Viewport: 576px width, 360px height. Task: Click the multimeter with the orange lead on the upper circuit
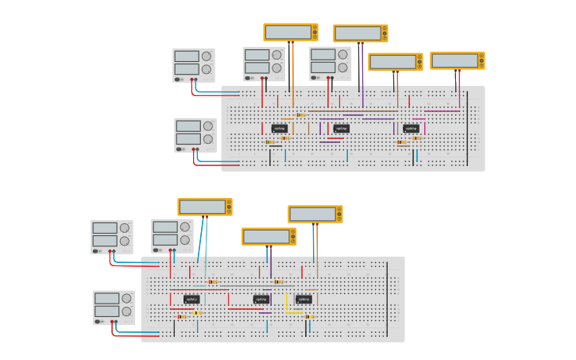(290, 32)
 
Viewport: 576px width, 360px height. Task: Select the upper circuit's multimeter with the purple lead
(360, 33)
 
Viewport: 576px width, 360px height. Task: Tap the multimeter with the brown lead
(395, 62)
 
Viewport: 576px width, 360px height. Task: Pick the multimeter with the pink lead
(457, 60)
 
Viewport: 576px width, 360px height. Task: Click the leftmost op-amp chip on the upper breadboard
(280, 128)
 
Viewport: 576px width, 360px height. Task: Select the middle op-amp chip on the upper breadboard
(341, 128)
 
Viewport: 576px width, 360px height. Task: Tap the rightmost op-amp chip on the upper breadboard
(411, 128)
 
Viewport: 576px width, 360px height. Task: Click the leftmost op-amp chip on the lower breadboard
(191, 299)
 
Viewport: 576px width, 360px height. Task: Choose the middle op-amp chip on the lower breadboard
(261, 299)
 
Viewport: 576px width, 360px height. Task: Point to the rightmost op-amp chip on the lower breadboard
(303, 299)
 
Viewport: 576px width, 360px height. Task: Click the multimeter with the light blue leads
(204, 207)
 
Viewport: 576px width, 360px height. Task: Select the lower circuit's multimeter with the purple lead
(269, 236)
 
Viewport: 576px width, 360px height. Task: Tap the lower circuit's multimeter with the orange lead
(315, 214)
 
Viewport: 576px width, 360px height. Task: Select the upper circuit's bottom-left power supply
(195, 134)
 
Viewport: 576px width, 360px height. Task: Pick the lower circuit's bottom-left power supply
(114, 307)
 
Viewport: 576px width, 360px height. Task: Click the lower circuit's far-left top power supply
(111, 237)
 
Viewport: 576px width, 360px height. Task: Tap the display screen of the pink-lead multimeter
(454, 60)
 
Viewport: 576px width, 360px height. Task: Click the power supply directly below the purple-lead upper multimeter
(331, 64)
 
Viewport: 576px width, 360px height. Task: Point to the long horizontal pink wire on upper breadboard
(442, 111)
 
